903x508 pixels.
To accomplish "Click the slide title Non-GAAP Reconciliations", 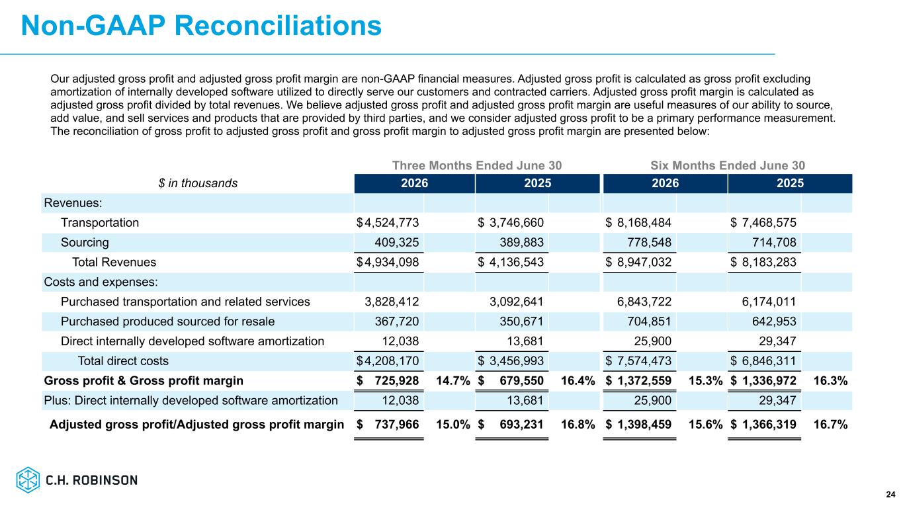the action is tap(201, 26).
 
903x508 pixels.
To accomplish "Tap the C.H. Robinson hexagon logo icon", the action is tap(28, 480).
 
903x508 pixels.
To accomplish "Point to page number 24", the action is tap(890, 495).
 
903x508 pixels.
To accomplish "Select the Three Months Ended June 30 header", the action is tap(477, 165).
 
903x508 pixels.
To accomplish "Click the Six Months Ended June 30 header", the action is tap(728, 165).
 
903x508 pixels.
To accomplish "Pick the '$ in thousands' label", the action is tap(198, 183).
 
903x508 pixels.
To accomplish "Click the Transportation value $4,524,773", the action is tap(388, 222).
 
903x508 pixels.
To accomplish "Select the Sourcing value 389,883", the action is tap(522, 242).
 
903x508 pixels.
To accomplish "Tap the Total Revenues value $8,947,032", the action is tap(638, 262).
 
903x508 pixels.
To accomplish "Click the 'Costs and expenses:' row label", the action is tap(101, 282).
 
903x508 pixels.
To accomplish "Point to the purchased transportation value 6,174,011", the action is tap(769, 302).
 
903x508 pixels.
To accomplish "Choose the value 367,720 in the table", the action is tap(397, 321).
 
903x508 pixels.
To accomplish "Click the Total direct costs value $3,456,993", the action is tap(511, 361).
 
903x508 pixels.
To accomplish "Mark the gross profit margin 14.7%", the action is tap(453, 380).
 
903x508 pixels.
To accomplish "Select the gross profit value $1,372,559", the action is tap(638, 380).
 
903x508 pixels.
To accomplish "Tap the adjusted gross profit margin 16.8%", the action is tap(578, 425).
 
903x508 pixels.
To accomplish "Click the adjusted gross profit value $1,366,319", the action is tap(763, 425).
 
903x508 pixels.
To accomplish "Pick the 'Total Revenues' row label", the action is tap(114, 262).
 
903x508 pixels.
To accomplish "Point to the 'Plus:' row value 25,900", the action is tap(653, 400).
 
